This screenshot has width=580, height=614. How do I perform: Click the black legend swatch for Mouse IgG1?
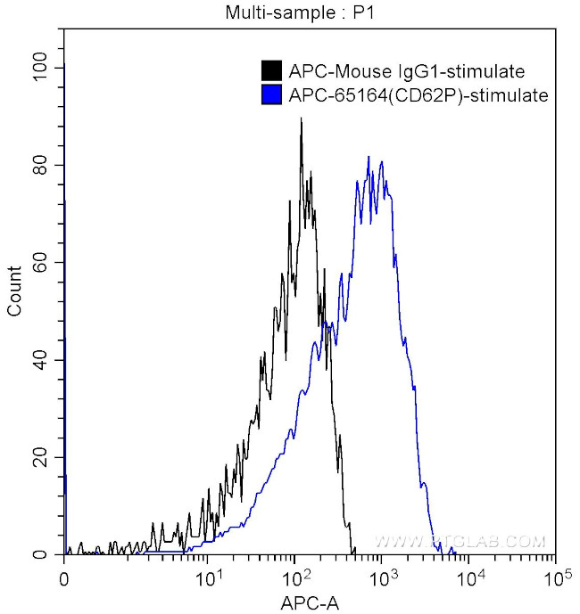coord(270,71)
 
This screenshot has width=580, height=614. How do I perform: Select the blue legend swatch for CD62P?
coord(270,94)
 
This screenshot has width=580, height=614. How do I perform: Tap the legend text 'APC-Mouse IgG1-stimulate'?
coord(405,71)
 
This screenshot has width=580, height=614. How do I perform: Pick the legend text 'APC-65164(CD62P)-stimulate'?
coord(418,94)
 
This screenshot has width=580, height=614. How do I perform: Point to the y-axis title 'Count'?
coord(15,291)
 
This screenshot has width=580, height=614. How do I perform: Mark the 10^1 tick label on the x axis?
coord(209,577)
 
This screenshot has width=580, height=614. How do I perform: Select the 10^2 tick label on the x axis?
coord(295,577)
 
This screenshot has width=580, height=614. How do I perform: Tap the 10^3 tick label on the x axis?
coord(382,577)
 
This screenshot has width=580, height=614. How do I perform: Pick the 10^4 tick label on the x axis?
coord(469,577)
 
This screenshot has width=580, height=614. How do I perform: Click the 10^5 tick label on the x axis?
coord(554,577)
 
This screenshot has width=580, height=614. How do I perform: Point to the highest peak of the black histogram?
coord(302,119)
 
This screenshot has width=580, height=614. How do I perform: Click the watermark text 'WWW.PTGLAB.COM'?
coord(460,542)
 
